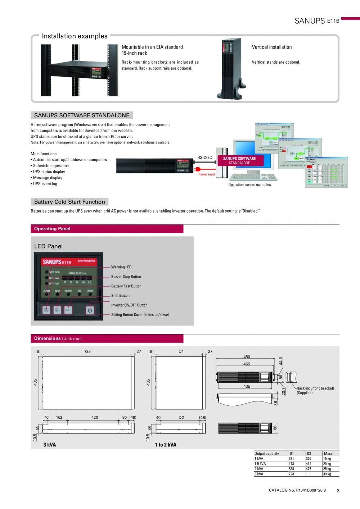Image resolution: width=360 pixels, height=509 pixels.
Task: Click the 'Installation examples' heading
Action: click(75, 36)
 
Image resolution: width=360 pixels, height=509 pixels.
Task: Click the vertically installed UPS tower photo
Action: click(232, 68)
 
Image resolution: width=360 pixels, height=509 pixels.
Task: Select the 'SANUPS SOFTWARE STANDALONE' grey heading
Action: click(82, 115)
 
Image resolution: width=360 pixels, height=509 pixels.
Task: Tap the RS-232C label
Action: click(204, 158)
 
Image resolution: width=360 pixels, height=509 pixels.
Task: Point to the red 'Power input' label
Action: click(207, 174)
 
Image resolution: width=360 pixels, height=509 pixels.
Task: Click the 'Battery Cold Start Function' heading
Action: click(69, 202)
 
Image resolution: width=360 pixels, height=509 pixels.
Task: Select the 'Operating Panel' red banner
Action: click(107, 229)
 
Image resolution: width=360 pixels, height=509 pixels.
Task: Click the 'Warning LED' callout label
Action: click(121, 267)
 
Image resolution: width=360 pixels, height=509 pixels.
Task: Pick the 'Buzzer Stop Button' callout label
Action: click(126, 277)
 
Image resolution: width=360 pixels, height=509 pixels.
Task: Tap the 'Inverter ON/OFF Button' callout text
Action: click(129, 305)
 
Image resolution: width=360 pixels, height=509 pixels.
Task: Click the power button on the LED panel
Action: click(90, 310)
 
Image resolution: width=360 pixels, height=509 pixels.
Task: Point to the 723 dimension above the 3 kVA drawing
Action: click(87, 351)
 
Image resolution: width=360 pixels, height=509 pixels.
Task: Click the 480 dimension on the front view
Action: click(247, 357)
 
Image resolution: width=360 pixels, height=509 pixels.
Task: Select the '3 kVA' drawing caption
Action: click(50, 445)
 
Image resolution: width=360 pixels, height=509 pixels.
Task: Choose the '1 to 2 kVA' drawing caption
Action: click(166, 445)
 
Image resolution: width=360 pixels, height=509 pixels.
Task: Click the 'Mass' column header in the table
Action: click(328, 454)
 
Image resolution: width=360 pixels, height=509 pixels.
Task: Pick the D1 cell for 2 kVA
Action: click(291, 469)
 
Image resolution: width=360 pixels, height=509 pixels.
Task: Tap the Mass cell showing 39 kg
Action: click(327, 474)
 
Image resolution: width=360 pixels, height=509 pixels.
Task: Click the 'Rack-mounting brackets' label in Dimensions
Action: click(315, 388)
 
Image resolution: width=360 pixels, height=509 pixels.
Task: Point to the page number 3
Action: click(338, 491)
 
